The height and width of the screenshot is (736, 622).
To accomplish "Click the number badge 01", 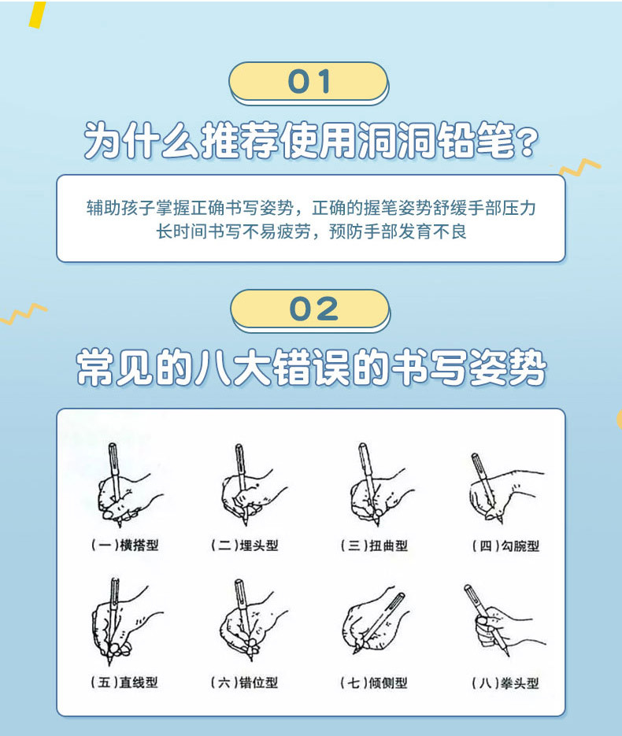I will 309,82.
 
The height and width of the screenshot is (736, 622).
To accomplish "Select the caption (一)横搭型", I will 124,545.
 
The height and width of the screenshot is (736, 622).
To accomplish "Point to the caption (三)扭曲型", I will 375,545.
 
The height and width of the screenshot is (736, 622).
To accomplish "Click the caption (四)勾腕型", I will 504,546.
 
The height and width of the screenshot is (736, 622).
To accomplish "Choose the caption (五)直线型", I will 124,682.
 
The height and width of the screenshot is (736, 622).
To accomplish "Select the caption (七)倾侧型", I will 375,682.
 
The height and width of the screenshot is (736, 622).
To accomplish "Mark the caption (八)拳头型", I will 504,683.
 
